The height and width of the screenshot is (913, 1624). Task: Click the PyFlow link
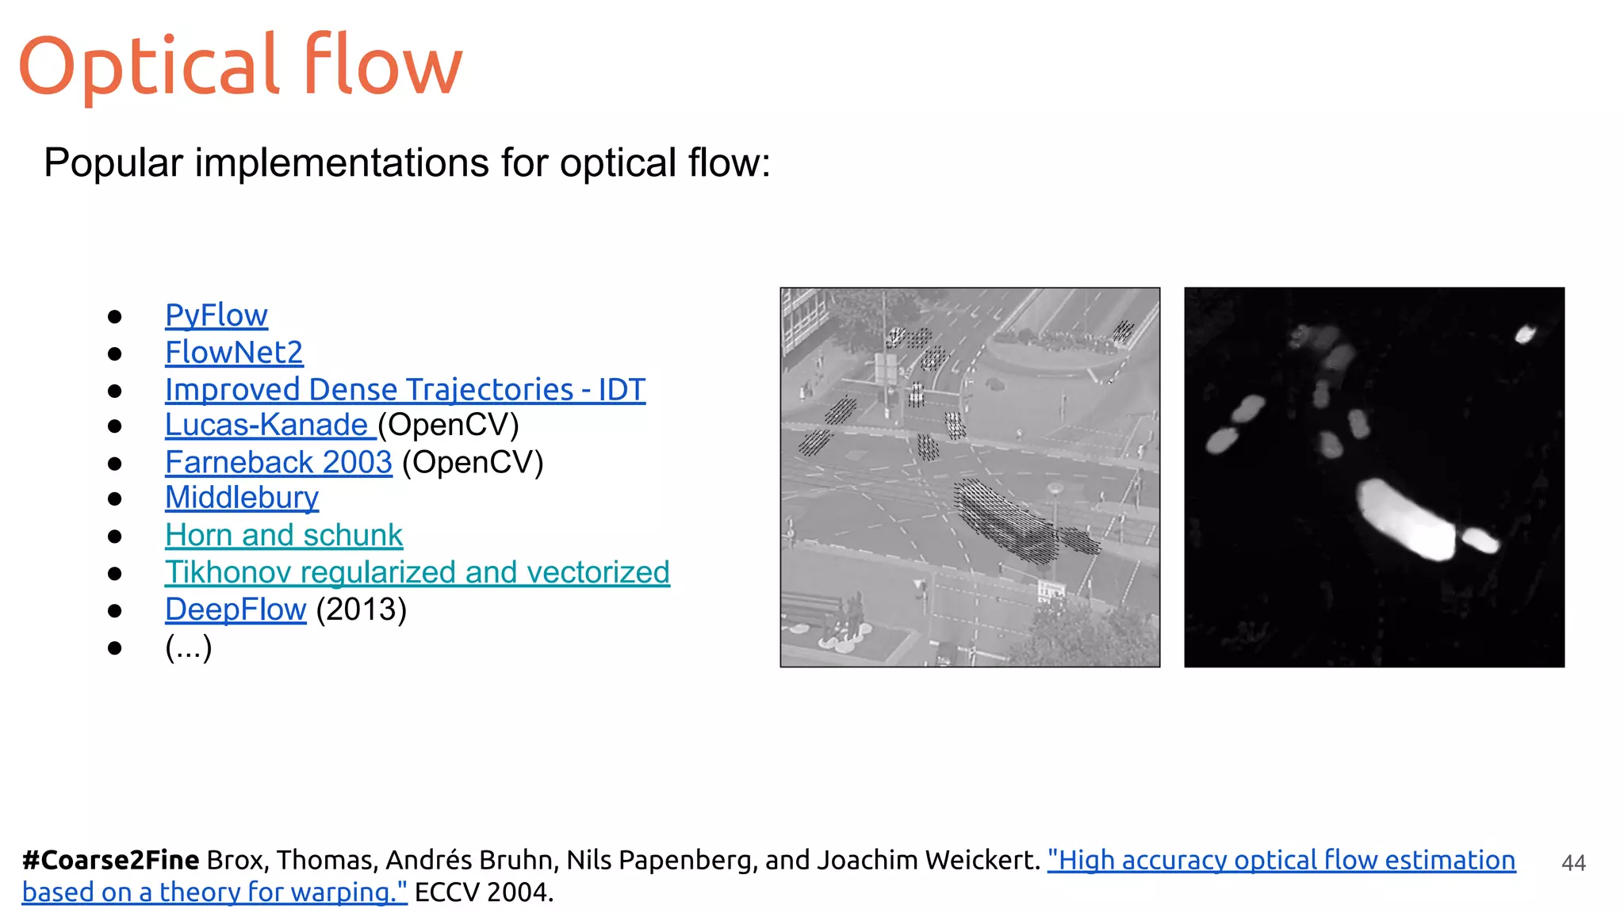click(216, 315)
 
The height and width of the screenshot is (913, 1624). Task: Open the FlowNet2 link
click(234, 353)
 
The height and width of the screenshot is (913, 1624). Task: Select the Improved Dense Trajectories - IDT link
click(404, 390)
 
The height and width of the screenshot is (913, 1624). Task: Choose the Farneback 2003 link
click(278, 462)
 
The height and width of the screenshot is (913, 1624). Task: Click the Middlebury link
click(242, 498)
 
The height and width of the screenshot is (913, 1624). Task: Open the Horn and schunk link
click(284, 535)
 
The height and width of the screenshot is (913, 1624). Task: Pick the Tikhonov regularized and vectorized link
click(417, 572)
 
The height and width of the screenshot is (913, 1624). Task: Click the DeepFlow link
click(236, 609)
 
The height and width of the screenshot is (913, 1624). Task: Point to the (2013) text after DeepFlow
click(361, 609)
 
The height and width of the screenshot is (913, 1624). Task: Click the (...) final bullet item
click(188, 648)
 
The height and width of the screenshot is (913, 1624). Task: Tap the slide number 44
click(1573, 863)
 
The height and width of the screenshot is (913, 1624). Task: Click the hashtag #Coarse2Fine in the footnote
click(110, 860)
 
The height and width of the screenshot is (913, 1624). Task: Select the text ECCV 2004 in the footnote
click(483, 892)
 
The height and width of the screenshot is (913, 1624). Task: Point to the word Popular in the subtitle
click(113, 163)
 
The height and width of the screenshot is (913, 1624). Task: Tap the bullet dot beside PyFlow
click(115, 317)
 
